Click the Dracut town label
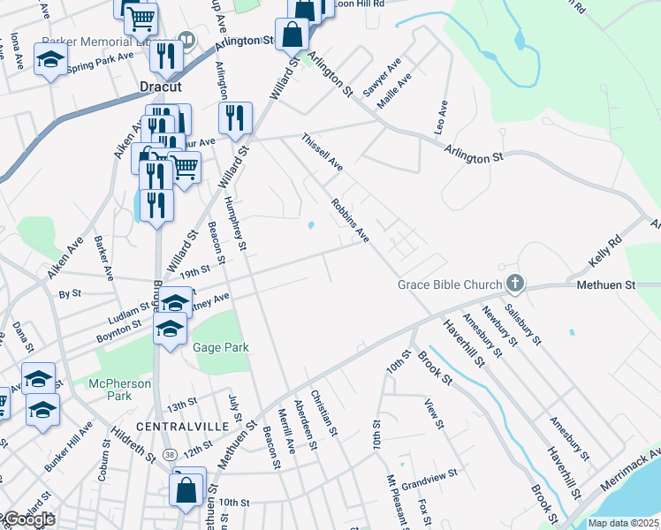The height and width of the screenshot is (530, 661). point(161,87)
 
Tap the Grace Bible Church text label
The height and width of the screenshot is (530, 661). point(449,285)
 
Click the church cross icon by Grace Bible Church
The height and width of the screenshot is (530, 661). point(515,284)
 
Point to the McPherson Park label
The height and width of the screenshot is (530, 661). point(119,390)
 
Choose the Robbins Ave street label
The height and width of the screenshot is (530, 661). point(350,220)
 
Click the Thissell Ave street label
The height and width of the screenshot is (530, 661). point(322,152)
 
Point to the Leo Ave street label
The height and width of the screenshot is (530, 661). point(441,117)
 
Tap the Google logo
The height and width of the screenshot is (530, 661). point(29,519)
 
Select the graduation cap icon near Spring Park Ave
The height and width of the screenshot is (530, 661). point(51,60)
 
